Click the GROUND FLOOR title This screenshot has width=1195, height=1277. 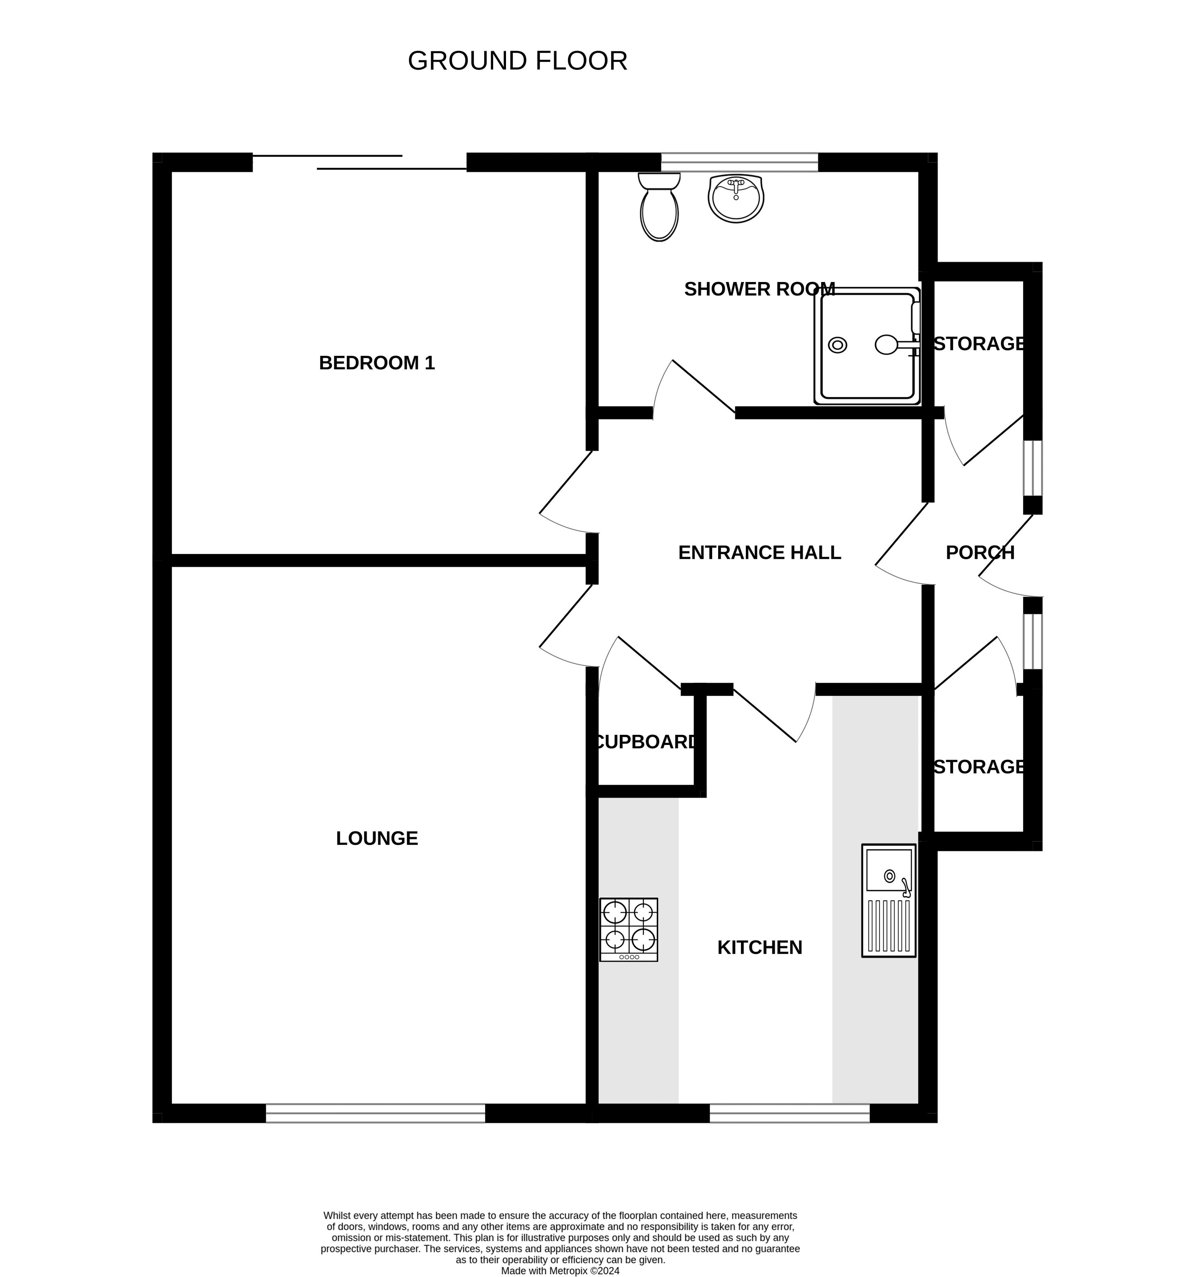pos(517,61)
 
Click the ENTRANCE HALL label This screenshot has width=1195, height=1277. pos(759,553)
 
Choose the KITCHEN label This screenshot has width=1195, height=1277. pos(759,948)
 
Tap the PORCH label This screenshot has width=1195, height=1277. pos(980,553)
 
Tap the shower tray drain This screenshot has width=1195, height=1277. pos(837,345)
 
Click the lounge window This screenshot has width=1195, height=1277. pos(375,1113)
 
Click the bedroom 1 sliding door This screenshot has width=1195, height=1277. pos(360,162)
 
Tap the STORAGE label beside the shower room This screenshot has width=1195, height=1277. pos(978,344)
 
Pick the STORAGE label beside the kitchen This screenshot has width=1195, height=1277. pos(978,766)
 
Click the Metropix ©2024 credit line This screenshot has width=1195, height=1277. pos(560,1270)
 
